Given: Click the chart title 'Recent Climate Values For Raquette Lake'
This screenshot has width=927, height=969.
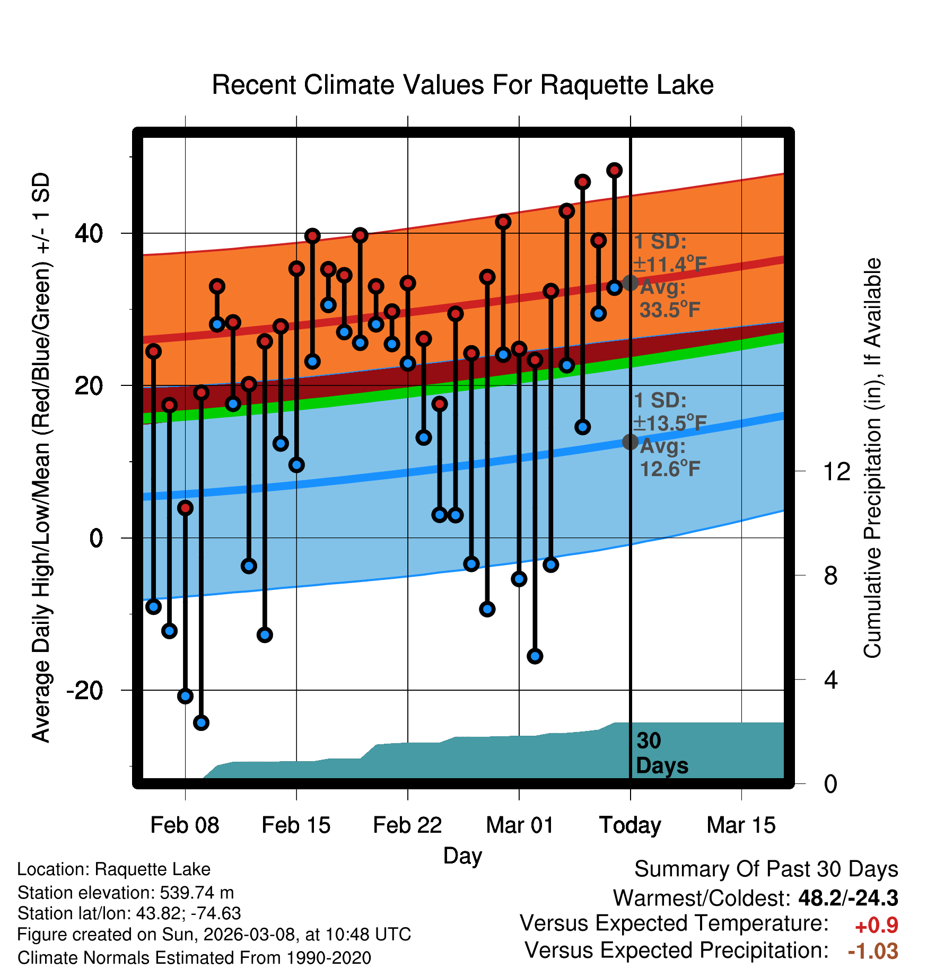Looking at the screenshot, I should tap(462, 85).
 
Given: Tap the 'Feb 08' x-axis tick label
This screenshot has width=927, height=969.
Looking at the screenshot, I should tap(185, 825).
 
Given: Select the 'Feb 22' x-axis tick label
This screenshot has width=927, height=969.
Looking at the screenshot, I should tap(407, 825).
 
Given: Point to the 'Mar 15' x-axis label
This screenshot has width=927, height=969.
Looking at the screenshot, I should tap(741, 825).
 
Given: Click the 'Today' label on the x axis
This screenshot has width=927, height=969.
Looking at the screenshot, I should tap(630, 825).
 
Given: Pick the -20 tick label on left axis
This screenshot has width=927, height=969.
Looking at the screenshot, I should tap(85, 690).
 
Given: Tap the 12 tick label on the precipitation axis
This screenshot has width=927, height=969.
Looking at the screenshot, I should tap(836, 471).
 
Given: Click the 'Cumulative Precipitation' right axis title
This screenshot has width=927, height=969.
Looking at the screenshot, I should tap(872, 458).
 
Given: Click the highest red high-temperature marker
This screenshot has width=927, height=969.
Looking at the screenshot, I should tap(614, 170).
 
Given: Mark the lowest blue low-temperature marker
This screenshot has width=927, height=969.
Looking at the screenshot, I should tap(201, 722).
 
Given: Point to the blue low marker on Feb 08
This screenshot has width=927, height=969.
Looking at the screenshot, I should tap(185, 696).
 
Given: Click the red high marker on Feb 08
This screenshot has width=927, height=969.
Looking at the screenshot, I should tap(185, 508).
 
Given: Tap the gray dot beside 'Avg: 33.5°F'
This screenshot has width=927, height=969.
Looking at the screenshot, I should tap(630, 283).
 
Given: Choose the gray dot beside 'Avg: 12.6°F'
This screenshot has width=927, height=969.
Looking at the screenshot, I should tap(630, 442).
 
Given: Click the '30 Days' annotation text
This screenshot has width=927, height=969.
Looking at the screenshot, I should tap(661, 753).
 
